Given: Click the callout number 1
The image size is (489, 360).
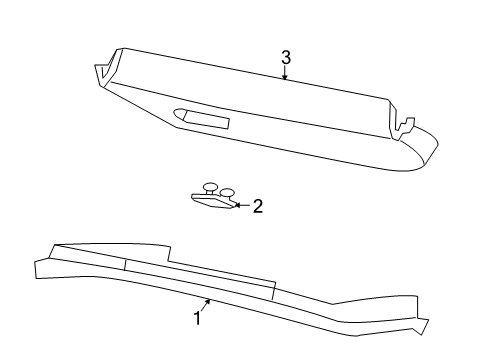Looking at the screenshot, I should click(x=197, y=319).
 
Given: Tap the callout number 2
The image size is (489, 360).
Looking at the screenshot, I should click(x=257, y=206).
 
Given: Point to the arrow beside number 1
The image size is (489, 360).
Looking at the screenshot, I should click(x=206, y=305).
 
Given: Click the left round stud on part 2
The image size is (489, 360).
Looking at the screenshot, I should click(x=209, y=188).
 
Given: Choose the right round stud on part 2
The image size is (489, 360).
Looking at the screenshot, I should click(x=227, y=193).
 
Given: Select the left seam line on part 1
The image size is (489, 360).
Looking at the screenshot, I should click(x=126, y=265).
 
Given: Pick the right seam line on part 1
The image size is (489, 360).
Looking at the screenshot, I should click(x=272, y=291).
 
